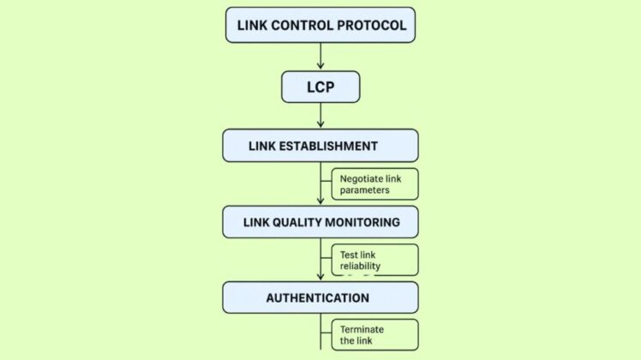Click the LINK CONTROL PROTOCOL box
pyautogui.click(x=320, y=25)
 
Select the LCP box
pyautogui.click(x=320, y=87)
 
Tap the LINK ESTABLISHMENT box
pyautogui.click(x=320, y=146)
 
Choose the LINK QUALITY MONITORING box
pyautogui.click(x=320, y=222)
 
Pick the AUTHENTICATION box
pyautogui.click(x=320, y=297)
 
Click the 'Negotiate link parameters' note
pyautogui.click(x=374, y=184)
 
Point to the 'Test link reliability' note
pyautogui.click(x=374, y=260)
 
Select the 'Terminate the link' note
pyautogui.click(x=374, y=334)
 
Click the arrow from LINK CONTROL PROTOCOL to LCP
pyautogui.click(x=320, y=56)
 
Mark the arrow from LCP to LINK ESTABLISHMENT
pyautogui.click(x=320, y=116)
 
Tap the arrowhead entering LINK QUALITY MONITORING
pyautogui.click(x=320, y=201)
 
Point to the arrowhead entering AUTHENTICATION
pyautogui.click(x=320, y=276)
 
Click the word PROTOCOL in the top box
pyautogui.click(x=369, y=25)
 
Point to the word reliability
pyautogui.click(x=360, y=266)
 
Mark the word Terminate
pyautogui.click(x=362, y=329)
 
